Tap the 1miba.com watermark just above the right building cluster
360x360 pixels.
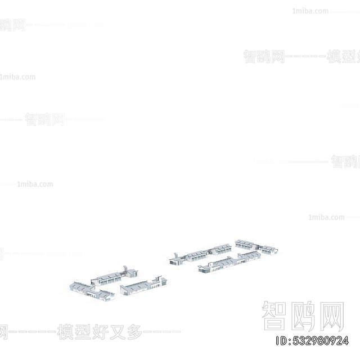[326, 217]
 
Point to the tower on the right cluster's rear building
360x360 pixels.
[176, 255]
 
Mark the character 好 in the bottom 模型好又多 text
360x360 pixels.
[103, 332]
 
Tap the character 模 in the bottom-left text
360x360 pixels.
[65, 332]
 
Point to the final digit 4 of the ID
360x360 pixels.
[345, 341]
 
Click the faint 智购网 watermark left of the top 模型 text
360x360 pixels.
[264, 56]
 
